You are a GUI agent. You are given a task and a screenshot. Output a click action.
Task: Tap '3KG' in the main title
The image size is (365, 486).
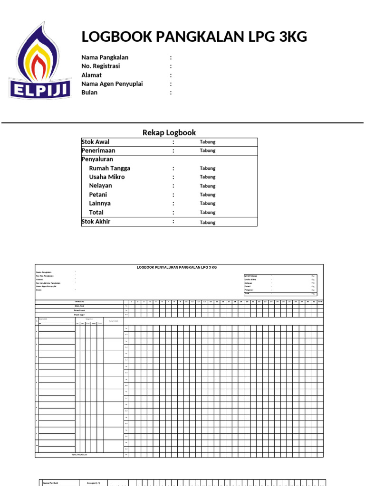[x=289, y=37]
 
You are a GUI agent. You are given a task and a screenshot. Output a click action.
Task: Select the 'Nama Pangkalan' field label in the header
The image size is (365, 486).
[x=105, y=57]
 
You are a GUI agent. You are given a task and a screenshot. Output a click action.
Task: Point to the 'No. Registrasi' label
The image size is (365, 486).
[x=100, y=66]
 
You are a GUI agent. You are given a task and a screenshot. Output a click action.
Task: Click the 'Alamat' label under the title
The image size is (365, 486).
[x=91, y=75]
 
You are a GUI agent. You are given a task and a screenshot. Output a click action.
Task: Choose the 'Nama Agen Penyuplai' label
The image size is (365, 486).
[x=112, y=84]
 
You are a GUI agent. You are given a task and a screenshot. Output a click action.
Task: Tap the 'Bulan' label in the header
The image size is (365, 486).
[x=89, y=93]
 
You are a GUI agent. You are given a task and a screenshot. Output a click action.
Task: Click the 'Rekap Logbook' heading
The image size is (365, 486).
[x=169, y=132]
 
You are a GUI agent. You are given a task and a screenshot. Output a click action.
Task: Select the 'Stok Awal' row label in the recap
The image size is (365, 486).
[x=96, y=142]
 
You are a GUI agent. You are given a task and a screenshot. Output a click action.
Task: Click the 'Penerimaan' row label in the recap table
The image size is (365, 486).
[x=98, y=150]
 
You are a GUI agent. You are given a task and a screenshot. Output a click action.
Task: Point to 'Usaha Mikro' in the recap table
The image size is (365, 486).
[x=107, y=177]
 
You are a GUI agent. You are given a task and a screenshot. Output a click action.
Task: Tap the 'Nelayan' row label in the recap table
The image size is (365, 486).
[x=100, y=186]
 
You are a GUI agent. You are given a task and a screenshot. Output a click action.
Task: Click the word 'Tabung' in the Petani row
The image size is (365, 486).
[x=207, y=195]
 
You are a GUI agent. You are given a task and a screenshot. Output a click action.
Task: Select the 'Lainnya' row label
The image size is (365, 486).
[x=100, y=203]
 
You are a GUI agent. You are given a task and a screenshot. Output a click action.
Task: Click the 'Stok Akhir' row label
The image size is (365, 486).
[x=96, y=222]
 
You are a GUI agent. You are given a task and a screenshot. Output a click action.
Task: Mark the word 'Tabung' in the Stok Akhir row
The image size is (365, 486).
[x=207, y=222]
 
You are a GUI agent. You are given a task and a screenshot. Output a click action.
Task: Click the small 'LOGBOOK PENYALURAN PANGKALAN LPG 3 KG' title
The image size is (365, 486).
[x=176, y=268]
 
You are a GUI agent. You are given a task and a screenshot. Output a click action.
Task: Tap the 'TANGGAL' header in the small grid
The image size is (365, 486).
[x=79, y=301]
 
